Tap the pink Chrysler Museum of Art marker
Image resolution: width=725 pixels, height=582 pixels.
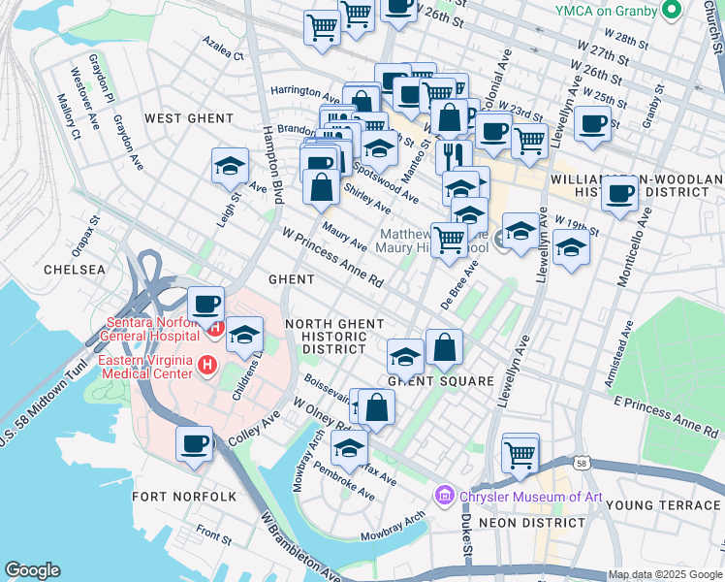click(x=445, y=496)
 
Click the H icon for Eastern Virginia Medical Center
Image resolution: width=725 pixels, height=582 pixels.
click(x=205, y=366)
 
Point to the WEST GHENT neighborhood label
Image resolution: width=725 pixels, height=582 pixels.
click(x=189, y=118)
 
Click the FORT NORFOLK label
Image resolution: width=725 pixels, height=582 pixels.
click(x=184, y=497)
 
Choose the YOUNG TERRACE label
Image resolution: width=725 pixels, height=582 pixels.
click(x=663, y=505)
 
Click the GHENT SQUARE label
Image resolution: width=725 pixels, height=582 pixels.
click(x=441, y=381)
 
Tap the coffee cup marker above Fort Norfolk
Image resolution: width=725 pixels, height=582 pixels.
click(x=195, y=443)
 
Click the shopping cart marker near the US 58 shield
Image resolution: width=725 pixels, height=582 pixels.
click(x=520, y=452)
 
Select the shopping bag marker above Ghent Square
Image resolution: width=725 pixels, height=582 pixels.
click(x=444, y=348)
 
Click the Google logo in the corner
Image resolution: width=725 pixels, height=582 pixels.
click(x=32, y=570)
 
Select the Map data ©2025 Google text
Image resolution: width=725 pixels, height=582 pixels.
click(x=665, y=574)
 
